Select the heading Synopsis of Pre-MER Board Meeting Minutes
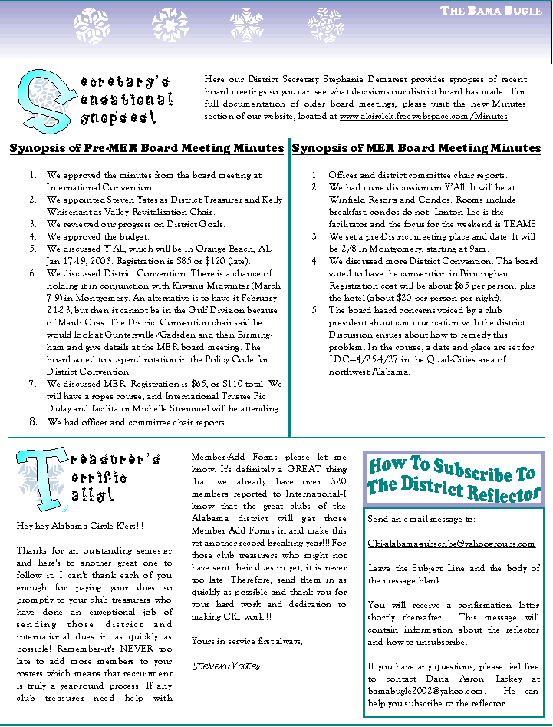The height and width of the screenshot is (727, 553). pos(146,148)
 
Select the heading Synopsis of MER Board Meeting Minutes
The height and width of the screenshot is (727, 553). pos(416,148)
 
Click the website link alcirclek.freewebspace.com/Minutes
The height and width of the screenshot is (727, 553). pos(423,117)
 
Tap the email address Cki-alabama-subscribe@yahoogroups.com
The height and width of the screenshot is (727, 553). pos(451,544)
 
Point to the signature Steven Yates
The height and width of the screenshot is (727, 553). pos(226,665)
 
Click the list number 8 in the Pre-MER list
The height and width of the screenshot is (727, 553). pos(33,421)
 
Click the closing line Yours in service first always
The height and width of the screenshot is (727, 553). pos(247,641)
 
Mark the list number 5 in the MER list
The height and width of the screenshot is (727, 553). pos(314,310)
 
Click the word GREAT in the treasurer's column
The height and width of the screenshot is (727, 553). pos(288,469)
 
